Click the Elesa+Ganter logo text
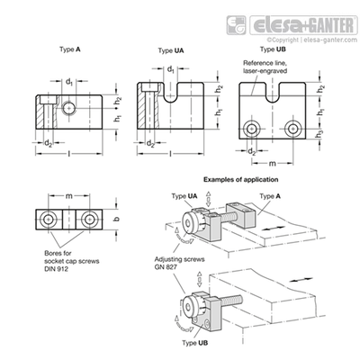pyautogui.click(x=303, y=26)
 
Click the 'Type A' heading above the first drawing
pyautogui.click(x=70, y=49)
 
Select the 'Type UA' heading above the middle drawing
pyautogui.click(x=171, y=50)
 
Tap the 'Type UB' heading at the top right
pyautogui.click(x=273, y=49)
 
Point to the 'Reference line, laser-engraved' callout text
pyautogui.click(x=265, y=67)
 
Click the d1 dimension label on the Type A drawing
pyautogui.click(x=69, y=82)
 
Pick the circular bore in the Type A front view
pyautogui.click(x=69, y=107)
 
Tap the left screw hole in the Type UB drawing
pyautogui.click(x=251, y=129)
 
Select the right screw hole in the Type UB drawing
pyautogui.click(x=292, y=129)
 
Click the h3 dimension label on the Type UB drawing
pyautogui.click(x=320, y=135)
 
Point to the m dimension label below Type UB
pyautogui.click(x=272, y=164)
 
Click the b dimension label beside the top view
pyautogui.click(x=117, y=219)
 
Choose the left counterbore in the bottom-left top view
pyautogui.click(x=48, y=220)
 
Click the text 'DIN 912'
pyautogui.click(x=56, y=269)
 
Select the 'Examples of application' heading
pyautogui.click(x=241, y=180)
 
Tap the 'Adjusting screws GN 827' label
pyautogui.click(x=179, y=263)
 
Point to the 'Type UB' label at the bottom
pyautogui.click(x=195, y=343)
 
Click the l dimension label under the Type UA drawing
pyautogui.click(x=170, y=154)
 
